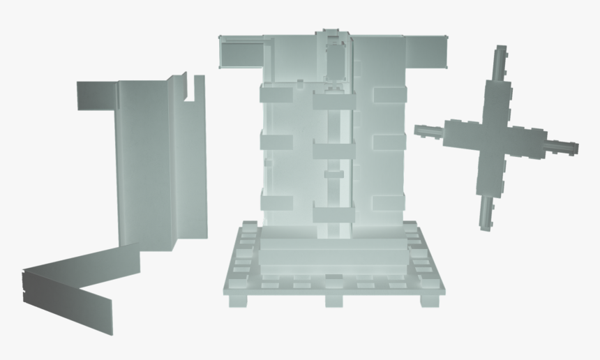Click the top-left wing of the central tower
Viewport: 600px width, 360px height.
[x=241, y=53]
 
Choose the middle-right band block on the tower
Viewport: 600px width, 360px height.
[x=389, y=142]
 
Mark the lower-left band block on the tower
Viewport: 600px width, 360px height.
[x=276, y=202]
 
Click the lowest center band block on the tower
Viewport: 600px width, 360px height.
[x=333, y=215]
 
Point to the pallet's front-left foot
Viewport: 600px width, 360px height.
[x=237, y=300]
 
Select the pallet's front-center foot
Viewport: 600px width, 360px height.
[x=334, y=301]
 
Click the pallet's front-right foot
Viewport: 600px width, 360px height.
[x=433, y=300]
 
